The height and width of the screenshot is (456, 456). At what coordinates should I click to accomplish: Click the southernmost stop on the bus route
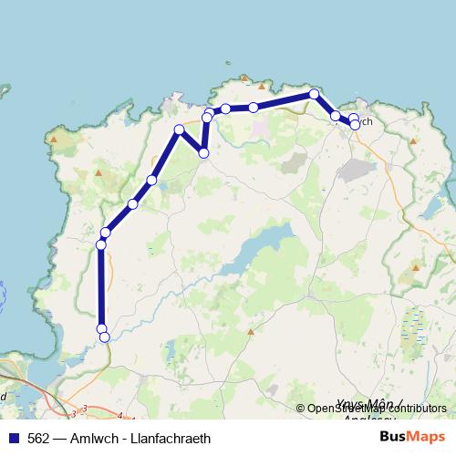[104, 337]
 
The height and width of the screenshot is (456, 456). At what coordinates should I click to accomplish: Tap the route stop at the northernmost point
[314, 94]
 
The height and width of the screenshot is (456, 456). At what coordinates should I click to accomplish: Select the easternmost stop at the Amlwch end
[355, 125]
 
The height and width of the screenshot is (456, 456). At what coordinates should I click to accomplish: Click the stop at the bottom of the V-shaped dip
[203, 153]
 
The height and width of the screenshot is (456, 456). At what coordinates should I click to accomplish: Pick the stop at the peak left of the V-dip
[179, 130]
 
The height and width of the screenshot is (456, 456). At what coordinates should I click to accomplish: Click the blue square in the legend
[10, 437]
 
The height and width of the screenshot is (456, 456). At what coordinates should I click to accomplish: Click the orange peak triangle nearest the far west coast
[55, 140]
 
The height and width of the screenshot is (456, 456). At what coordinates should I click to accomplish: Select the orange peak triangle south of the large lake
[249, 330]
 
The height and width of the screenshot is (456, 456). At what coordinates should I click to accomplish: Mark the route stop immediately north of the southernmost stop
[101, 328]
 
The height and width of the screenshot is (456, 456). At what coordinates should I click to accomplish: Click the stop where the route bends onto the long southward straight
[101, 244]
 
